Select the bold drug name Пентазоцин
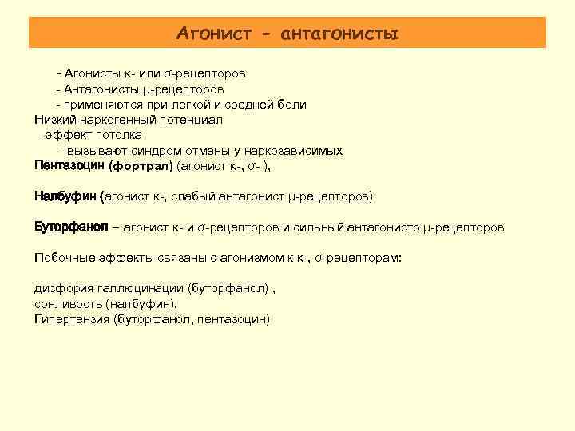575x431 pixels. pos(69,166)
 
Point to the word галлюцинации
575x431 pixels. pos(140,288)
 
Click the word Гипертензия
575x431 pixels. pos(72,319)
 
